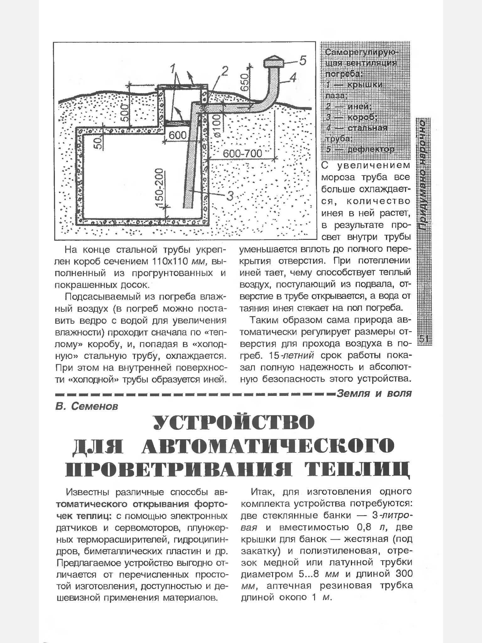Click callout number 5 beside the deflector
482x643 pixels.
pyautogui.click(x=302, y=61)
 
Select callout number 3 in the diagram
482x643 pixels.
pyautogui.click(x=230, y=197)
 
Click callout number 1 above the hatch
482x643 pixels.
pyautogui.click(x=174, y=68)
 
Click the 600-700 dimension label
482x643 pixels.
pyautogui.click(x=242, y=154)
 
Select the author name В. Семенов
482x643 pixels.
pyautogui.click(x=87, y=406)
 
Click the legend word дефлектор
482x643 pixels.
pyautogui.click(x=370, y=149)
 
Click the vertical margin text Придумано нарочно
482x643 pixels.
pyautogui.click(x=424, y=176)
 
